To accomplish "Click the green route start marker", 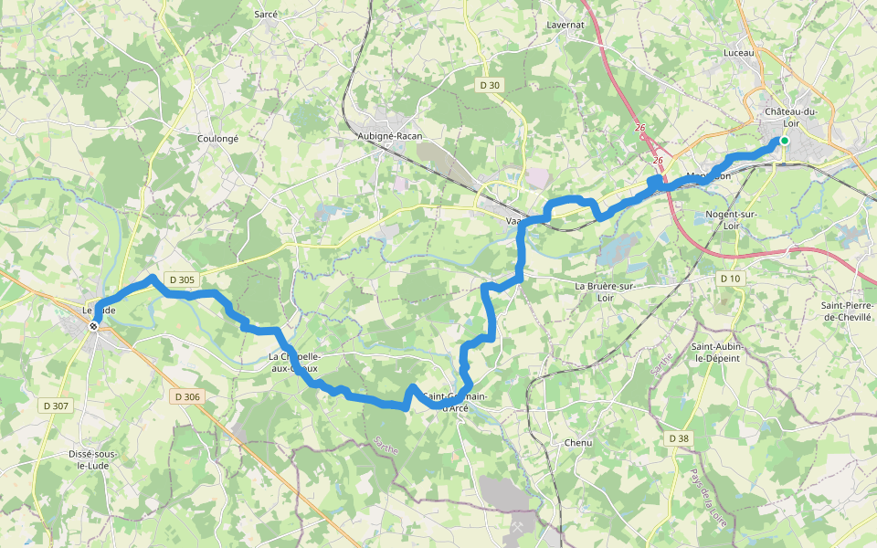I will pos(784,141).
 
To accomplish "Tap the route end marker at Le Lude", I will pos(93,326).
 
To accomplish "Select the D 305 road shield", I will pos(182,279).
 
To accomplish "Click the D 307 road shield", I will pos(55,405).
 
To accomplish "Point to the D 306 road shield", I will pos(185,396).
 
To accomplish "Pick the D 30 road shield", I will pos(490,85).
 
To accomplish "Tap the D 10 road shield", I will pos(729,278).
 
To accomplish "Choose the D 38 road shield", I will pos(678,438).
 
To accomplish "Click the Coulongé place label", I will pos(217,139).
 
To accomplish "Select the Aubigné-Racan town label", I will pos(389,136).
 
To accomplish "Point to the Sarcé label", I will pos(266,15).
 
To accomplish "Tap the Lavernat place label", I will pos(565,24).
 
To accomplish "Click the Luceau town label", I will pos(738,53).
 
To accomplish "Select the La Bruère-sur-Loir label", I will pos(604,291).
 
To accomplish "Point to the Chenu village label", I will pos(577,443).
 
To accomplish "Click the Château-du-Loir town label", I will pos(790,117).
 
